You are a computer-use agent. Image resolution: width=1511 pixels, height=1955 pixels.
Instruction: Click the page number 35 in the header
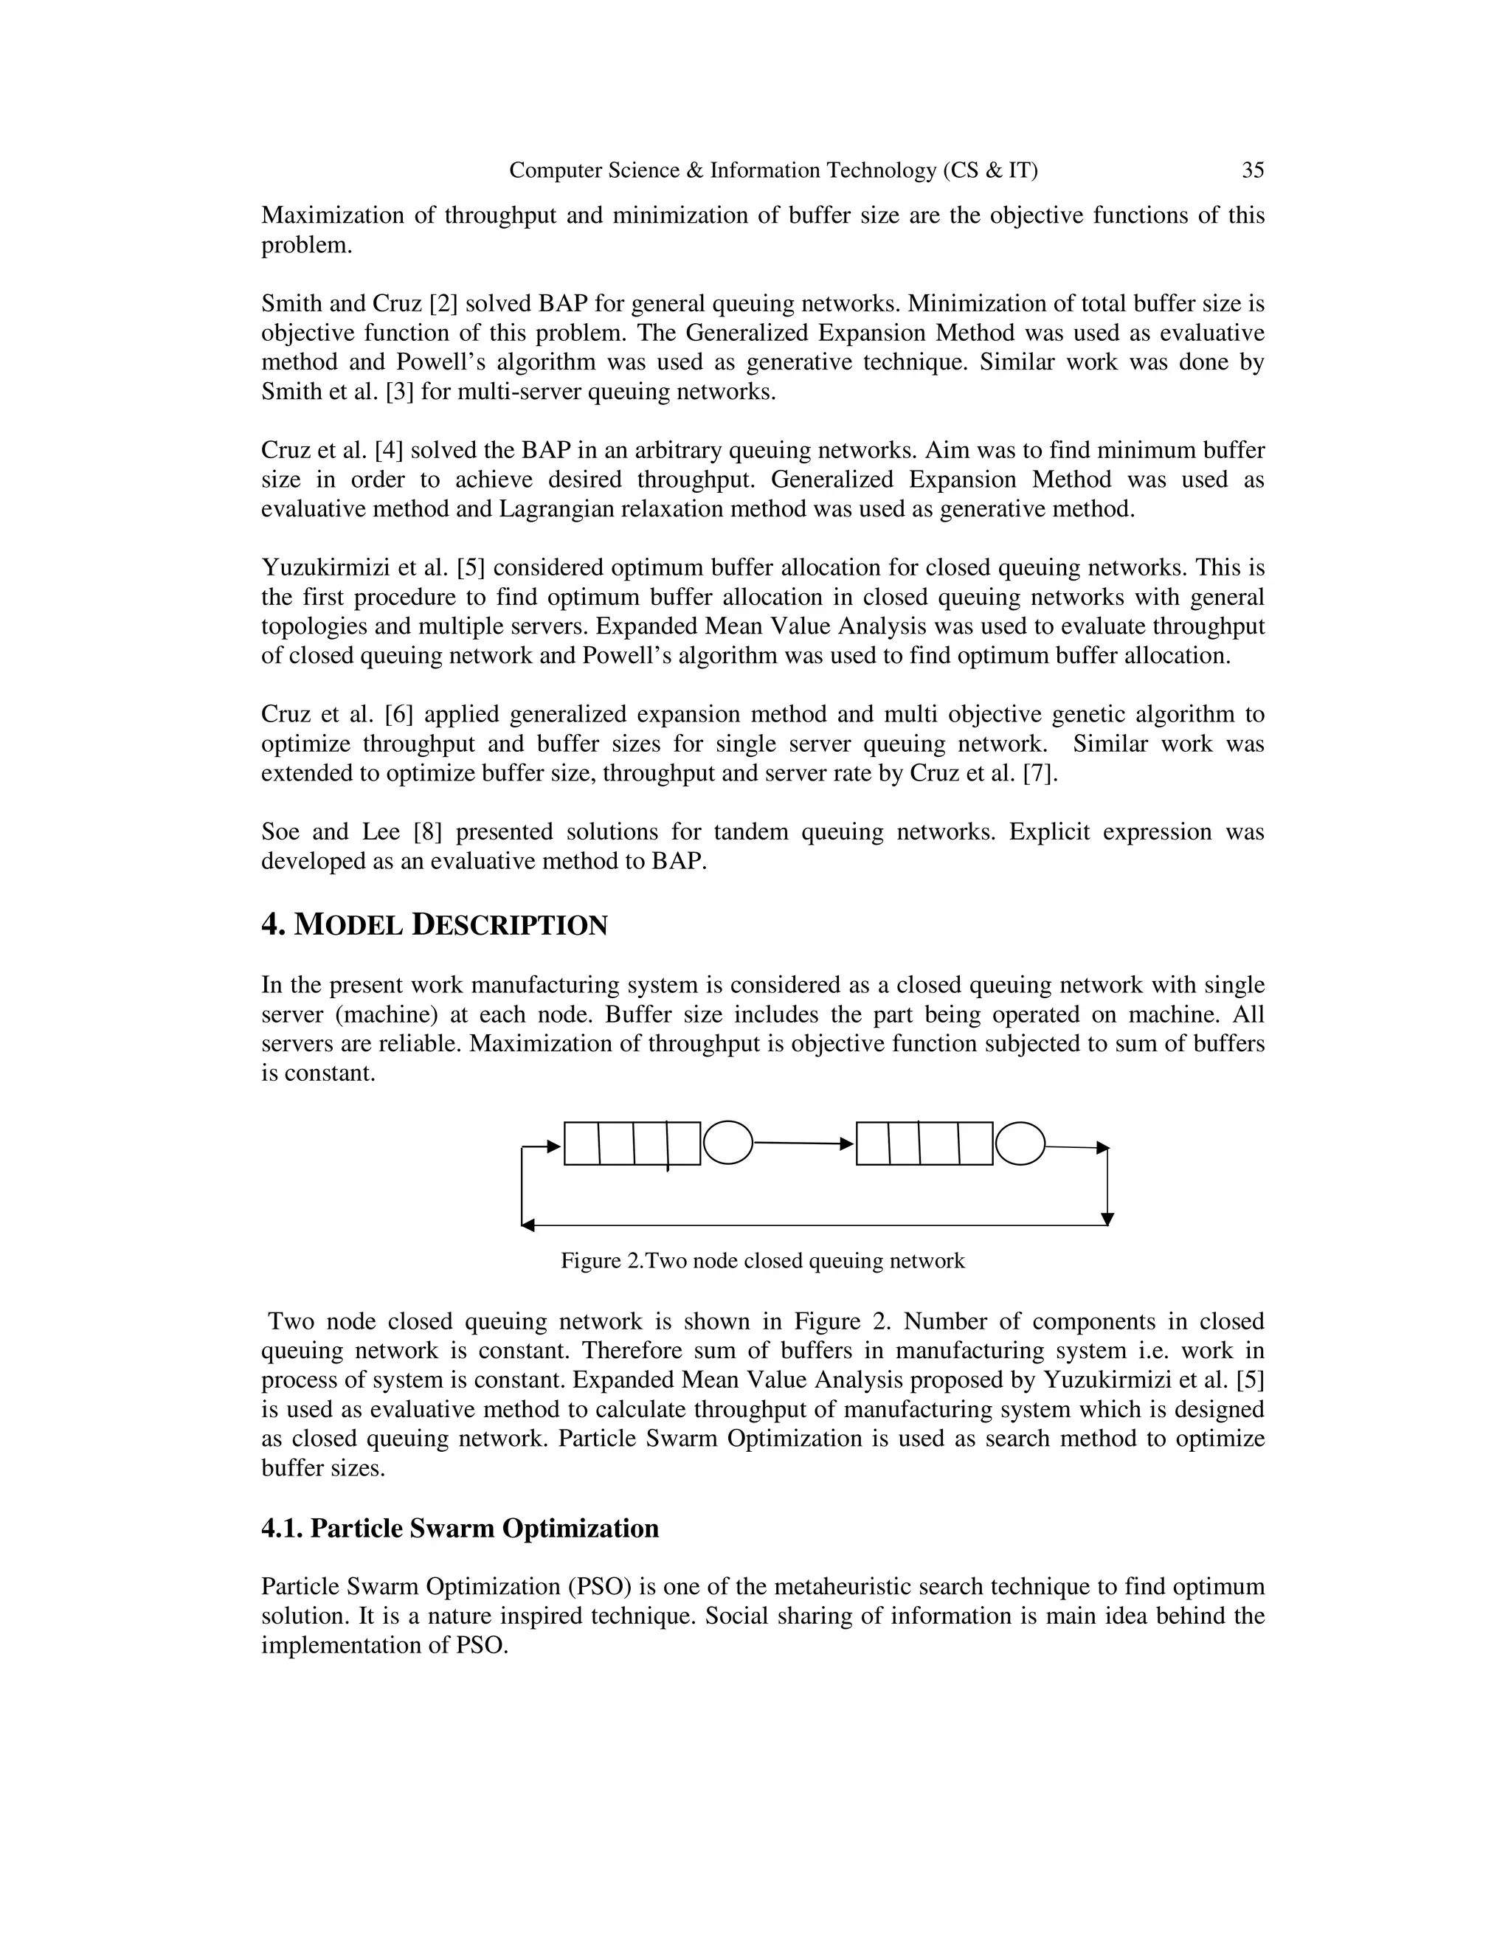pos(1252,170)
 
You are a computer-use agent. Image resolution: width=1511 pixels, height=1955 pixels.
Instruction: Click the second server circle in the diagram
pos(1020,1143)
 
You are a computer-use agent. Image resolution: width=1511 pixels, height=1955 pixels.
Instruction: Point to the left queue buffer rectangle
pos(632,1143)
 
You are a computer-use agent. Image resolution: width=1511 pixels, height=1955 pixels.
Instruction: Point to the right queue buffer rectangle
pos(924,1143)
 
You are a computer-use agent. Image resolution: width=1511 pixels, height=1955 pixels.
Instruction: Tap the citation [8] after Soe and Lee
pos(427,831)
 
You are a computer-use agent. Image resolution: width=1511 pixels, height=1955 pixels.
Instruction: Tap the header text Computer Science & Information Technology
pos(772,170)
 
